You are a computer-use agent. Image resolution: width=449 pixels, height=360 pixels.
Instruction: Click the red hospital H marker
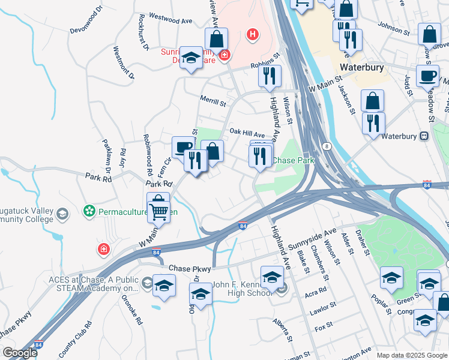pyautogui.click(x=253, y=35)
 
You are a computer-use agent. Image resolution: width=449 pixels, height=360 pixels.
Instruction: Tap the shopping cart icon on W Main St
pyautogui.click(x=159, y=211)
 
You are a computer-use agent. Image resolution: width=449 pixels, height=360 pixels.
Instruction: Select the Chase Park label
pyautogui.click(x=294, y=160)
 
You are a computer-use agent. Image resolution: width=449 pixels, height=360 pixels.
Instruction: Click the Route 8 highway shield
pyautogui.click(x=327, y=146)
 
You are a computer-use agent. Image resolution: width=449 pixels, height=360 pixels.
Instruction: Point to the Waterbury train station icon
pyautogui.click(x=424, y=136)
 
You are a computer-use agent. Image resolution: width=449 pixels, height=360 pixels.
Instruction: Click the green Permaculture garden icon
pyautogui.click(x=89, y=211)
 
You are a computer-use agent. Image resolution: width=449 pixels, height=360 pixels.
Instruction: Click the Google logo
pyautogui.click(x=19, y=353)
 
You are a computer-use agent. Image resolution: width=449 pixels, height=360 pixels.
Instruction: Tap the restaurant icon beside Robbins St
pyautogui.click(x=270, y=76)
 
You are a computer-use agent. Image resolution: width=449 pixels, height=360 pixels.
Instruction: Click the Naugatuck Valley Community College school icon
pyautogui.click(x=62, y=214)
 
